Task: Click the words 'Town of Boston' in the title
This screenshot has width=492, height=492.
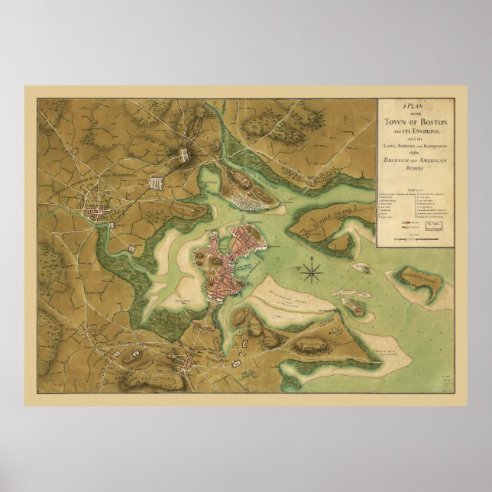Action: click(x=415, y=122)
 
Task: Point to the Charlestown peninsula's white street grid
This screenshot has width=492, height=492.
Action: click(x=242, y=201)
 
